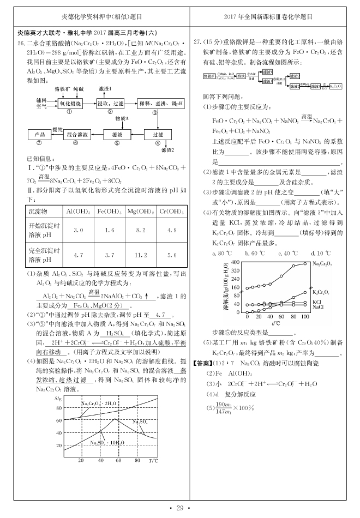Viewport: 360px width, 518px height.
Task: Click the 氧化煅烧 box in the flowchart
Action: pyautogui.click(x=70, y=103)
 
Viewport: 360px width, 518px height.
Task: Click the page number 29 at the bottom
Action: pyautogui.click(x=179, y=508)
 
